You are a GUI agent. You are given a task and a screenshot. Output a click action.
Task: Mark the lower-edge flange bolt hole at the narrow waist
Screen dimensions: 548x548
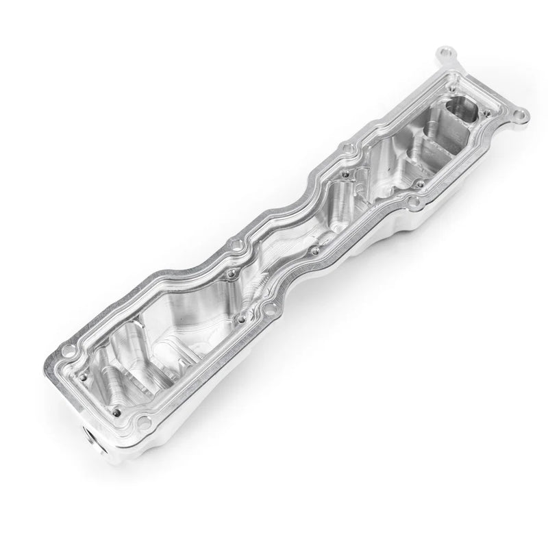coord(279,297)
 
